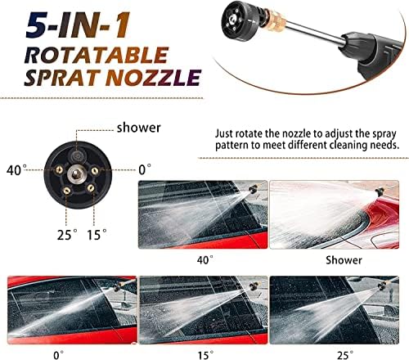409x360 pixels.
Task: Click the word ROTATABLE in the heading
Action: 97,55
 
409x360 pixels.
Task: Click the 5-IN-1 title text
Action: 78,25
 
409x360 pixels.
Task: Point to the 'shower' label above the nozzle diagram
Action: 139,128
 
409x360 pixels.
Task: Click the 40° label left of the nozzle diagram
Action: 16,170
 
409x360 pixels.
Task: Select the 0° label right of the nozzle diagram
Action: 145,169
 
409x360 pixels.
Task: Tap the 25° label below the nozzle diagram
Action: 67,235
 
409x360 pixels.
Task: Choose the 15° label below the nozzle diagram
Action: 97,235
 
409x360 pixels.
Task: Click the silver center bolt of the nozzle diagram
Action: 76,173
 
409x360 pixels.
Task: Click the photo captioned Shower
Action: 335,214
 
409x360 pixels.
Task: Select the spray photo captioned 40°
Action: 203,214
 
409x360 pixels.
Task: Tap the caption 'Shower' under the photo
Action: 344,260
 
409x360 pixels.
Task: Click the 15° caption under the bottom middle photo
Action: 205,355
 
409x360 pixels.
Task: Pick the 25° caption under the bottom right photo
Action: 345,355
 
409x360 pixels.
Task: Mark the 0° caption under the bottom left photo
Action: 58,355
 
